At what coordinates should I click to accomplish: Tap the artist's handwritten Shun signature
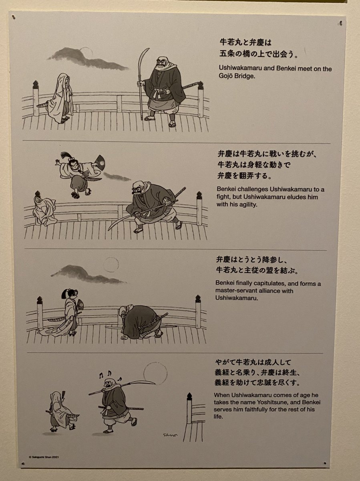[x=170, y=435]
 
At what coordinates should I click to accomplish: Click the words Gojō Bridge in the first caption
[x=237, y=76]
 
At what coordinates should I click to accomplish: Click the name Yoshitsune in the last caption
[x=272, y=402]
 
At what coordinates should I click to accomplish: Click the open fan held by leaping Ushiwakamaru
[x=100, y=161]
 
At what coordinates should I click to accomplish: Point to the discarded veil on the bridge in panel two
[x=44, y=211]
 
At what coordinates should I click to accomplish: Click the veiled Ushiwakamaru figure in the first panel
[x=60, y=98]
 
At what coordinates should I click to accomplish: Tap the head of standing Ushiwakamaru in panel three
[x=70, y=294]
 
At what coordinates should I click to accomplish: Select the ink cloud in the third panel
[x=88, y=274]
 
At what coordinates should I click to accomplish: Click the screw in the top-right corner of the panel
[x=341, y=22]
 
